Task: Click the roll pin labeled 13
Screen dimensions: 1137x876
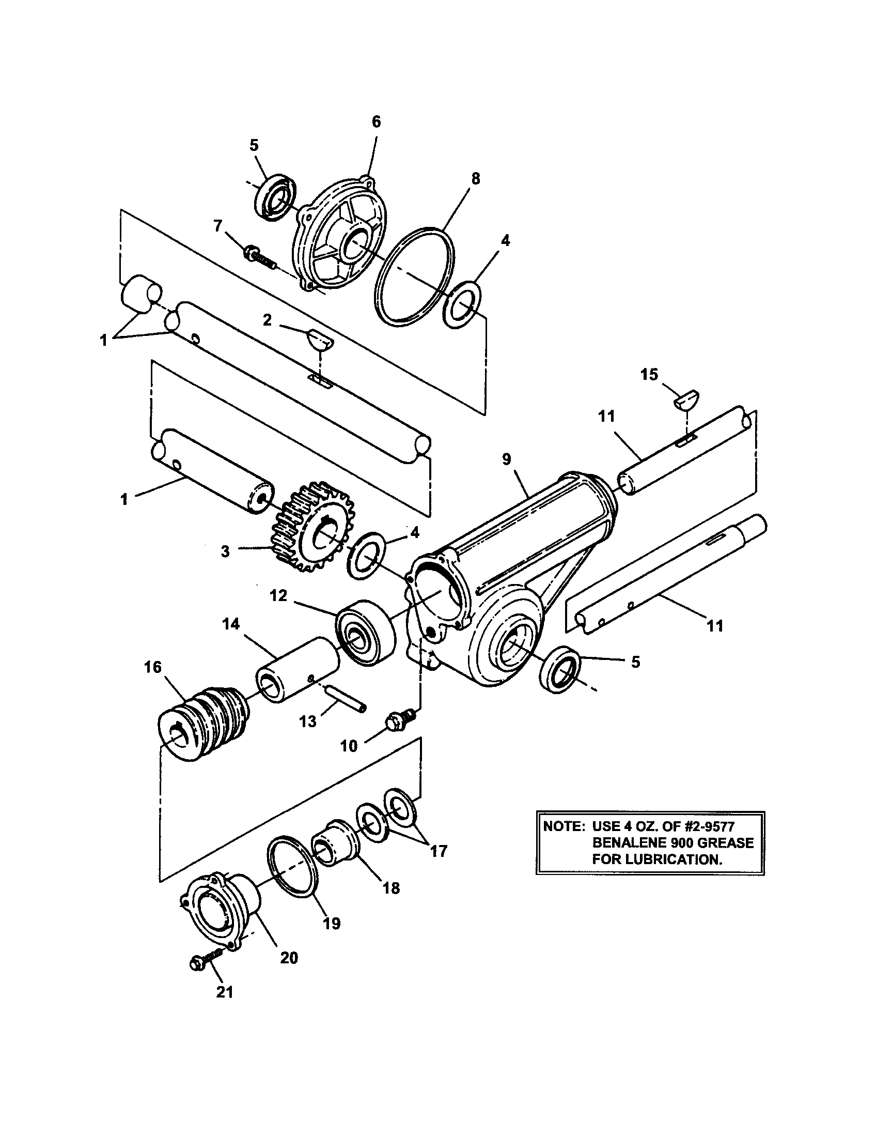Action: click(x=347, y=697)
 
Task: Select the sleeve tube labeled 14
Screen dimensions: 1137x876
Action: click(x=296, y=669)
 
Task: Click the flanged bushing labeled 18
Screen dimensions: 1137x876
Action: click(x=335, y=843)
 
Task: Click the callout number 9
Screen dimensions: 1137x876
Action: click(x=506, y=459)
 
